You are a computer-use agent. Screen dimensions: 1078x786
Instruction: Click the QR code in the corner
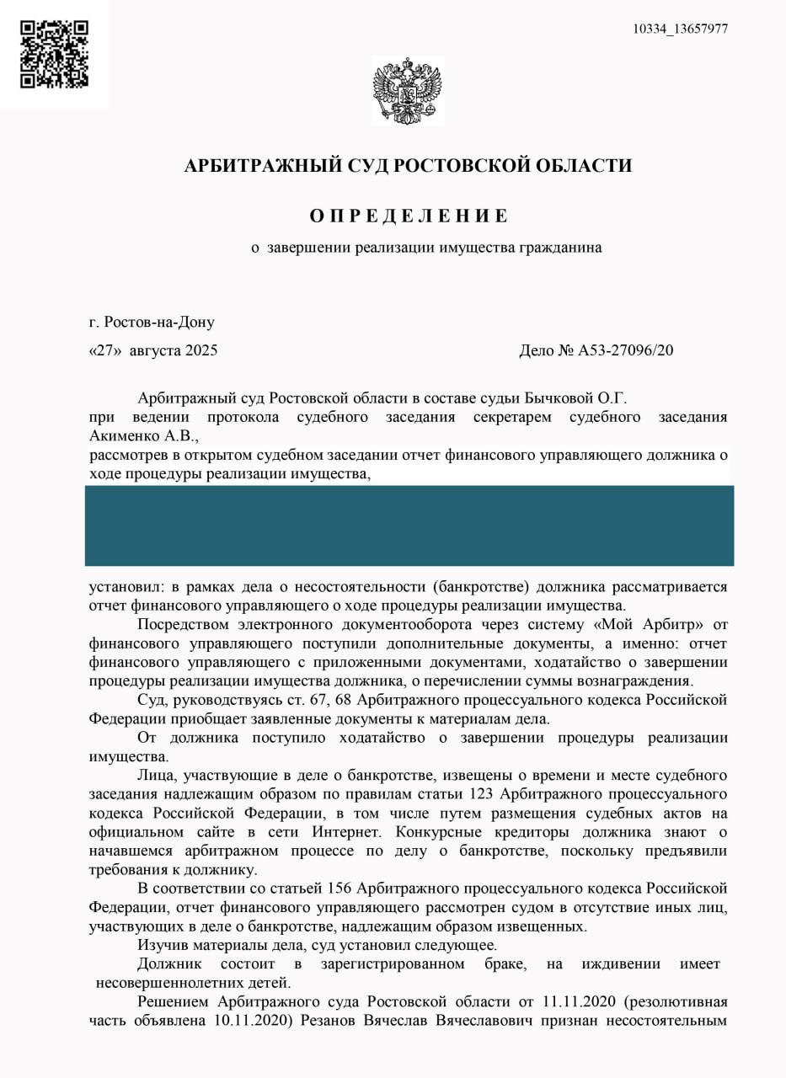click(x=54, y=54)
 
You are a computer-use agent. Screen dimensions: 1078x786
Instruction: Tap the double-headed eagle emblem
click(x=408, y=90)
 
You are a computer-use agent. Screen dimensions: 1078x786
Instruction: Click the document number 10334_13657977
click(x=681, y=29)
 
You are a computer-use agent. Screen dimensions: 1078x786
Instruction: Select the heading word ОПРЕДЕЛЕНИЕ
click(x=409, y=216)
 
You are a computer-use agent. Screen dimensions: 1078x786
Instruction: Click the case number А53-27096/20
click(x=624, y=350)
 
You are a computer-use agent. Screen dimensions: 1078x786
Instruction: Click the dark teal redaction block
click(x=409, y=525)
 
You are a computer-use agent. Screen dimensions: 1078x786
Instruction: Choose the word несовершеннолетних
click(x=168, y=982)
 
